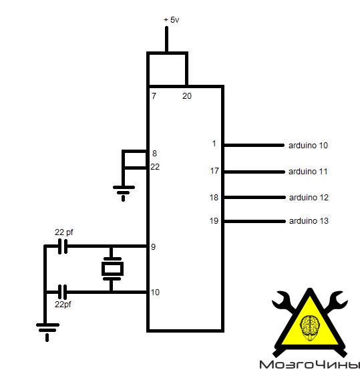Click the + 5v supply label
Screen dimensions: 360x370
172,20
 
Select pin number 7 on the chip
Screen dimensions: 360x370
154,96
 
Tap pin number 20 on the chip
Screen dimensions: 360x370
187,96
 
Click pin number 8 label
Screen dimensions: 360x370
154,154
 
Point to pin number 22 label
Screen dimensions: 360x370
155,167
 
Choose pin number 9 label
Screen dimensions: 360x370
154,247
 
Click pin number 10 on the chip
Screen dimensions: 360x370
155,293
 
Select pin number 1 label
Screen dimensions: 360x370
214,144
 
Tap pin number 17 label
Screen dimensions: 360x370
214,170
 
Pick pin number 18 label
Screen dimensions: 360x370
214,198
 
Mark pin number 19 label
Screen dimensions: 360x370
214,221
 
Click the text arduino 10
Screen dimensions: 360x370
308,146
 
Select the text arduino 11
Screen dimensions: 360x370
308,172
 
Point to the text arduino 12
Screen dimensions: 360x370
309,198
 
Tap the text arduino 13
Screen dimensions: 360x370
309,221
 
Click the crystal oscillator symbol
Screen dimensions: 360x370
112,268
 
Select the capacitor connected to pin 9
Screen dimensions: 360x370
63,246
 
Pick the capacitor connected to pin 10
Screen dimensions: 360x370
62,292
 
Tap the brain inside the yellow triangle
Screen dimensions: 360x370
310,328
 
